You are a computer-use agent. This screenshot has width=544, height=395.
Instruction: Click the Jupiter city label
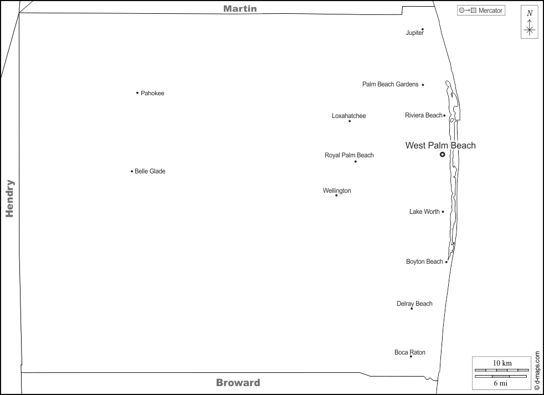pos(414,33)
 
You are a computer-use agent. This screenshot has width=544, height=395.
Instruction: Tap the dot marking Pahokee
pos(137,93)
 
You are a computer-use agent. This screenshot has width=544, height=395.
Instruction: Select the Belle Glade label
pos(150,172)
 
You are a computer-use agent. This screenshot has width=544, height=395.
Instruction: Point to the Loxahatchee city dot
pos(350,121)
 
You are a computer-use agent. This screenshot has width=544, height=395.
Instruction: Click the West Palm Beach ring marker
pos(442,155)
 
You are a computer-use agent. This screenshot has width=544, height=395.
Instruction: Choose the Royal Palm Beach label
pos(349,155)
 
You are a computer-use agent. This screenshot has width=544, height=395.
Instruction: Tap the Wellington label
pos(337,191)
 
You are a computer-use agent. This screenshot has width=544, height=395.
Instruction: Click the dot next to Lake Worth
pos(443,212)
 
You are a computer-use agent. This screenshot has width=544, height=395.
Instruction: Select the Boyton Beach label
pos(424,261)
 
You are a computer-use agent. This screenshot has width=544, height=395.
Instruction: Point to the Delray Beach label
pos(414,304)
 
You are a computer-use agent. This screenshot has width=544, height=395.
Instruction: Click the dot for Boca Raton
pos(410,356)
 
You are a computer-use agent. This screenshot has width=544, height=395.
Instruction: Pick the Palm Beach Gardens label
pos(391,84)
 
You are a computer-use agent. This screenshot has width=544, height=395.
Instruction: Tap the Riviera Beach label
pos(424,115)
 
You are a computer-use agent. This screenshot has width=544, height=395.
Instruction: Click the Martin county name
pos(240,8)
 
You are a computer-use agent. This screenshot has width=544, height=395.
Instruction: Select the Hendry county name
pos(9,198)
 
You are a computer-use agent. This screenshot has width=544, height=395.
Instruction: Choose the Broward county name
pos(238,382)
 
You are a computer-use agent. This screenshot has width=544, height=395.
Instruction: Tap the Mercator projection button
pos(481,10)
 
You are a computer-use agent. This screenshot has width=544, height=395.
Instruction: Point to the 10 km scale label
pos(502,363)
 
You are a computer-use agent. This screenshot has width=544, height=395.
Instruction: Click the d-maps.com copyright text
pos(537,370)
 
